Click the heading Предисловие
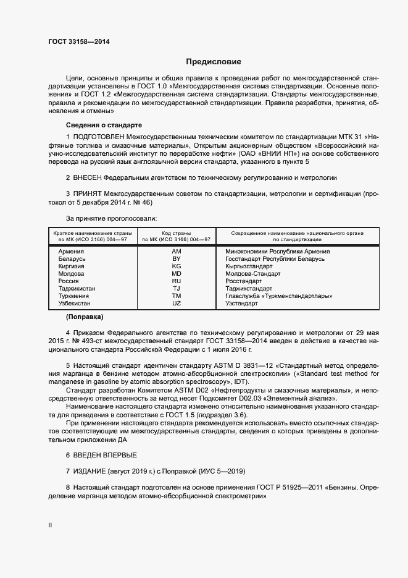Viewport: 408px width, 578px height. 214,62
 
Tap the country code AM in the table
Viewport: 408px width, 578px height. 176,252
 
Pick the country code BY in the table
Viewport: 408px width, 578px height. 176,259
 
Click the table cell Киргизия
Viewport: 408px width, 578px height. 72,266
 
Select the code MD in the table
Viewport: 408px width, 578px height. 176,274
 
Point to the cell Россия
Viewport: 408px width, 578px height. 69,281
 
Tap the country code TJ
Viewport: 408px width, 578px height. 176,289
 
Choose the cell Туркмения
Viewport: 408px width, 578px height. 73,296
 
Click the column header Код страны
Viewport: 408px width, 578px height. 177,232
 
